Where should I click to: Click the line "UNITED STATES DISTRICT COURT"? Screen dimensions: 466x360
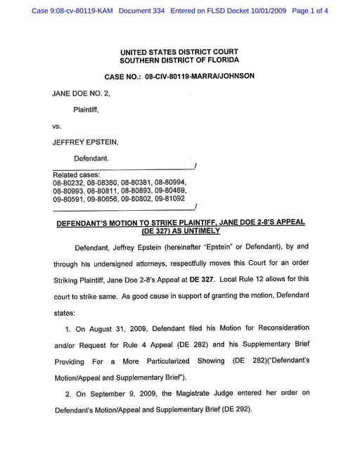tap(179, 52)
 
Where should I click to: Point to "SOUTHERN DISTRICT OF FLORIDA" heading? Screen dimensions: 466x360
tap(179, 61)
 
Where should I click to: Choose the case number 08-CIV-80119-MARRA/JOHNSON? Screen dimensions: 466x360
tap(200, 76)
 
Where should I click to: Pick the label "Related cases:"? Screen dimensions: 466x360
tap(77, 174)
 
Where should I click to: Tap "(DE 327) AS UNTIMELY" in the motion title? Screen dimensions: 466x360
tap(181, 231)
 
